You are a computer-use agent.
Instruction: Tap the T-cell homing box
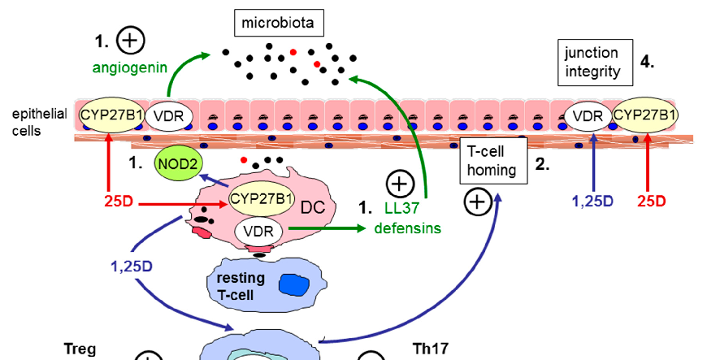(x=492, y=158)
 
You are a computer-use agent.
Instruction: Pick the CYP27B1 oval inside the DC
(x=262, y=197)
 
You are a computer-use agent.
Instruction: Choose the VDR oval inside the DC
(x=259, y=233)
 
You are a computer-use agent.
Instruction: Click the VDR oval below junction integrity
(x=588, y=116)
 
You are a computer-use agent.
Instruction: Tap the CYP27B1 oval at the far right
(x=644, y=116)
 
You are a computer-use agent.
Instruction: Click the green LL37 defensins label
(x=407, y=219)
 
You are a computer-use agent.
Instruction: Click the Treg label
(x=80, y=349)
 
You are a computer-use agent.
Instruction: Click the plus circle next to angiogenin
(x=130, y=39)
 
